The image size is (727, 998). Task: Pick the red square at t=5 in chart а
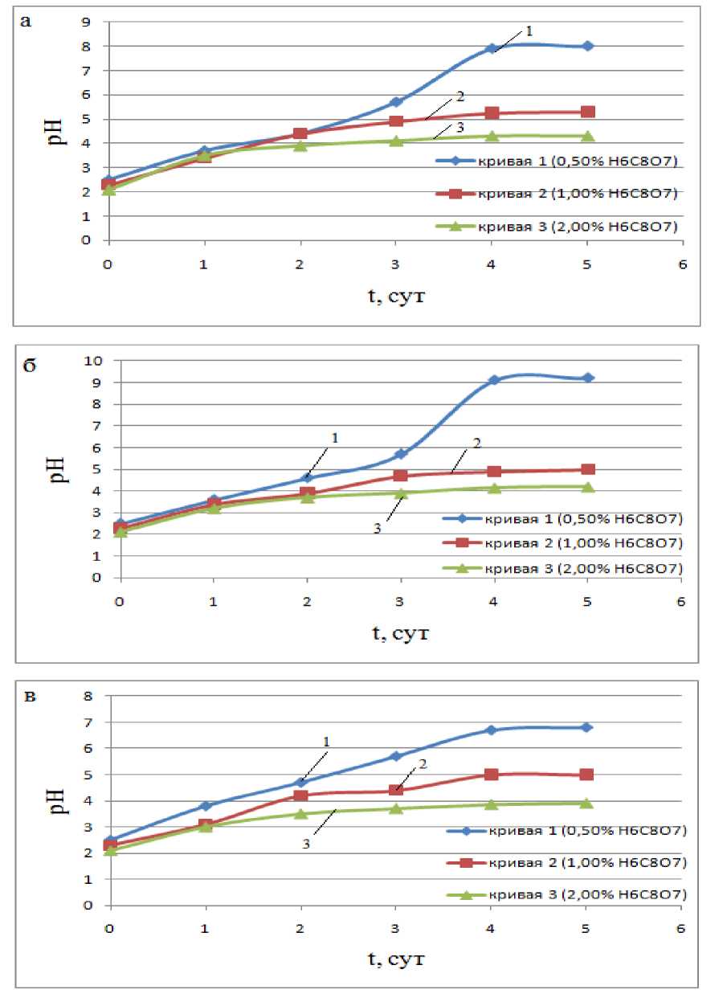point(587,112)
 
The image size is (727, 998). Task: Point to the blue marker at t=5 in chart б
point(587,378)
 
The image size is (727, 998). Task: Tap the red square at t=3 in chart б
point(400,476)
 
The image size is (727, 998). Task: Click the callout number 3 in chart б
point(377,528)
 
